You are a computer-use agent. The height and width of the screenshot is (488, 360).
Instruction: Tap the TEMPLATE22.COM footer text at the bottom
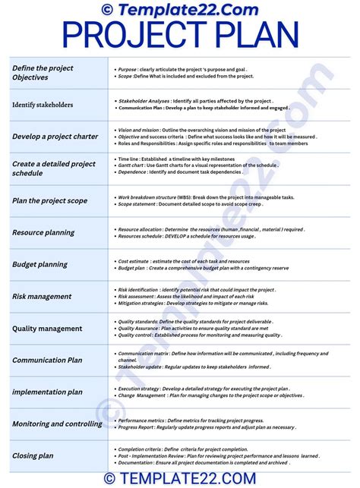pos(180,478)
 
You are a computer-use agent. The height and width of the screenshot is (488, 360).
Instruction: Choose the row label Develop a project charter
pos(55,137)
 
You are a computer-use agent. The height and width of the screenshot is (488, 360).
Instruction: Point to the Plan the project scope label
pos(49,201)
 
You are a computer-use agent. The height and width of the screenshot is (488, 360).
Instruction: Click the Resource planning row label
pos(44,233)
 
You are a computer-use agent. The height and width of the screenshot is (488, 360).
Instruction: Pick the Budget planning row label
pos(39,265)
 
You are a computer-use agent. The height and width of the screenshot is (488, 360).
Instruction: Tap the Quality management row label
pos(47,329)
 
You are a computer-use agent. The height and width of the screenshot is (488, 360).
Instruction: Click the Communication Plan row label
pos(47,360)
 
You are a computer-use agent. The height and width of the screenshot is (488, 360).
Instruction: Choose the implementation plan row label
pos(47,392)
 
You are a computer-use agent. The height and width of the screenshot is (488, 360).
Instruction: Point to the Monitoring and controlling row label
pos(57,424)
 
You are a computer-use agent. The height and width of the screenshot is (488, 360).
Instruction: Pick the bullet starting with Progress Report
pos(205,427)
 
